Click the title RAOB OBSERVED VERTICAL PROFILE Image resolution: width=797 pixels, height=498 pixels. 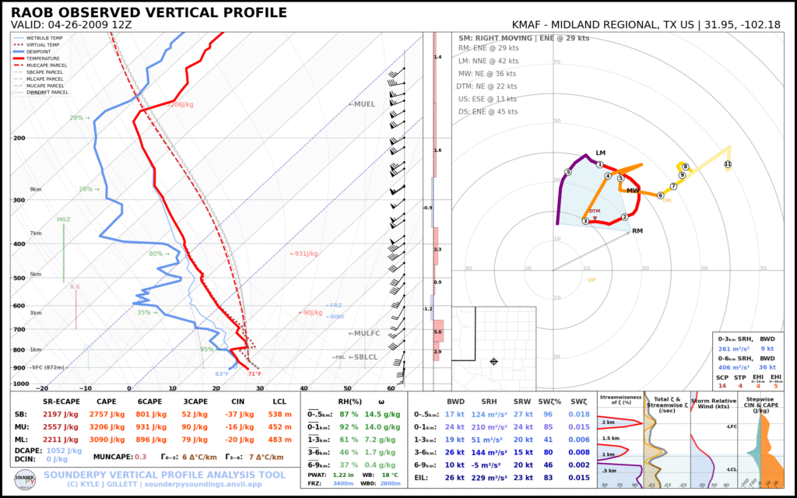pyautogui.click(x=149, y=12)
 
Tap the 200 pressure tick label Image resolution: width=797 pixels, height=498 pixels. pyautogui.click(x=19, y=138)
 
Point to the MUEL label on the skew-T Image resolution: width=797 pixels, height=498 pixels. pyautogui.click(x=362, y=103)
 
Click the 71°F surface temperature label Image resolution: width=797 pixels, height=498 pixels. pyautogui.click(x=255, y=374)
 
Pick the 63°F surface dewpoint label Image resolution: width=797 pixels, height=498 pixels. pyautogui.click(x=222, y=374)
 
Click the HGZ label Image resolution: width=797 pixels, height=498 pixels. pyautogui.click(x=64, y=219)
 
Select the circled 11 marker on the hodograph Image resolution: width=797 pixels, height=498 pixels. pyautogui.click(x=728, y=164)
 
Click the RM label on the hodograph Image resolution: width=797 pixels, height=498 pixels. pyautogui.click(x=637, y=230)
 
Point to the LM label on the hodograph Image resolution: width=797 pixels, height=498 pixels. pyautogui.click(x=600, y=153)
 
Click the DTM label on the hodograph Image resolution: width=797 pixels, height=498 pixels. pyautogui.click(x=595, y=211)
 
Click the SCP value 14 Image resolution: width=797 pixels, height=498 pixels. pyautogui.click(x=723, y=386)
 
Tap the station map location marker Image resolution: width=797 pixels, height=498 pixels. pyautogui.click(x=493, y=362)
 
